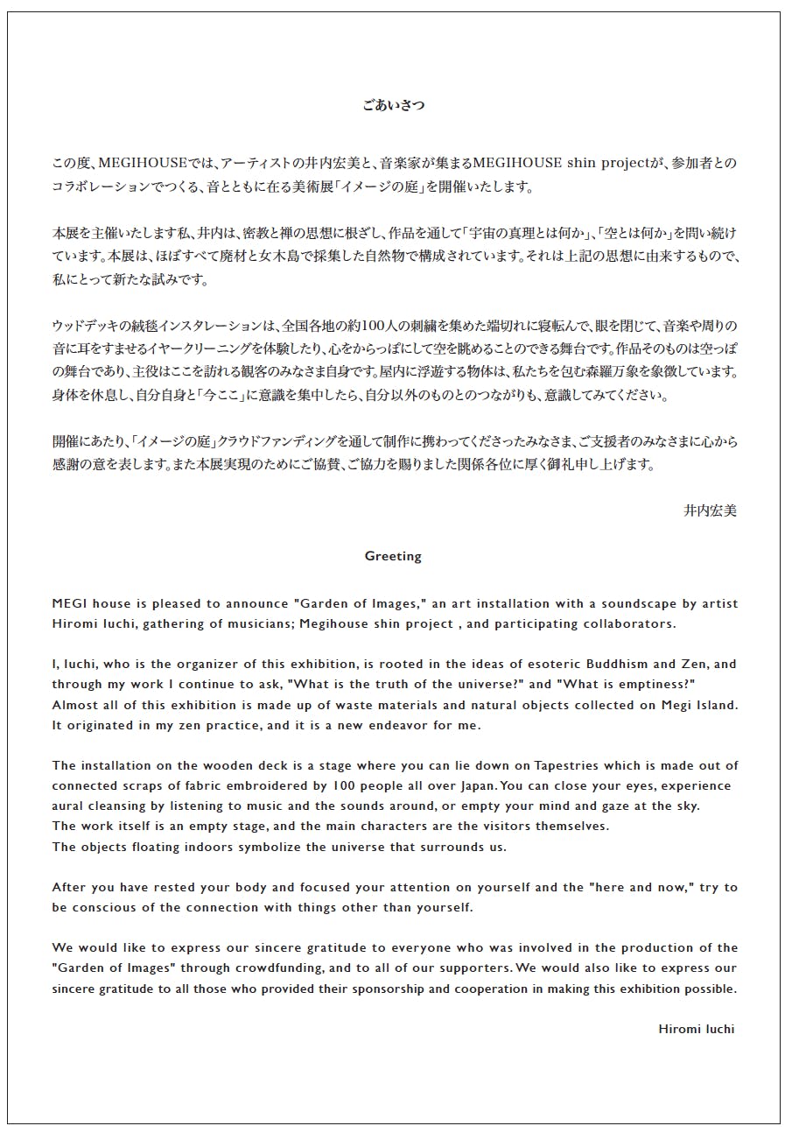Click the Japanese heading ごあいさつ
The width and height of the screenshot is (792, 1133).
pyautogui.click(x=393, y=105)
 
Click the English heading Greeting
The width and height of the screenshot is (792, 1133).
pyautogui.click(x=393, y=556)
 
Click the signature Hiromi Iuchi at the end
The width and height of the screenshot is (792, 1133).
pyautogui.click(x=696, y=1029)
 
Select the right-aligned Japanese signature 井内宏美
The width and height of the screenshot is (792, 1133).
pyautogui.click(x=710, y=510)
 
